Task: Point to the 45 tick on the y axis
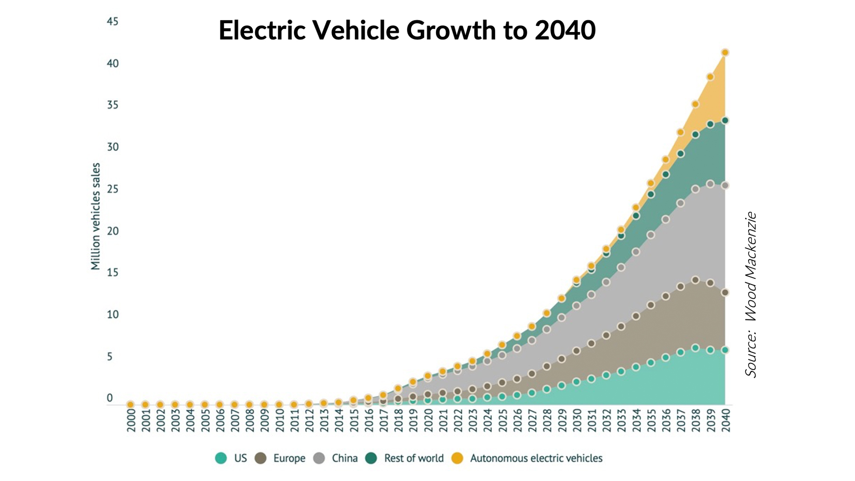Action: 113,21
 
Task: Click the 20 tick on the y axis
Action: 113,231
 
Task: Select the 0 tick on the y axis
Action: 110,398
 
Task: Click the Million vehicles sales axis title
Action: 95,216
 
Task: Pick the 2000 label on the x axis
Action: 131,420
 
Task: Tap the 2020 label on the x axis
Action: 428,420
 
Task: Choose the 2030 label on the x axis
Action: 577,420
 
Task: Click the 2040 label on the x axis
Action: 725,420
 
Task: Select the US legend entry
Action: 231,458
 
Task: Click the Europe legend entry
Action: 281,458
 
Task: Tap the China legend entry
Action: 336,458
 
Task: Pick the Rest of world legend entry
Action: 405,458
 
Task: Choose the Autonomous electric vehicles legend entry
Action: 527,458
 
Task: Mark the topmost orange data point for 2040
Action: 725,53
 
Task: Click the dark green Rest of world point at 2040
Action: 725,120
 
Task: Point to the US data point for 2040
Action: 725,350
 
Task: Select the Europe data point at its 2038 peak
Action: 695,280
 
